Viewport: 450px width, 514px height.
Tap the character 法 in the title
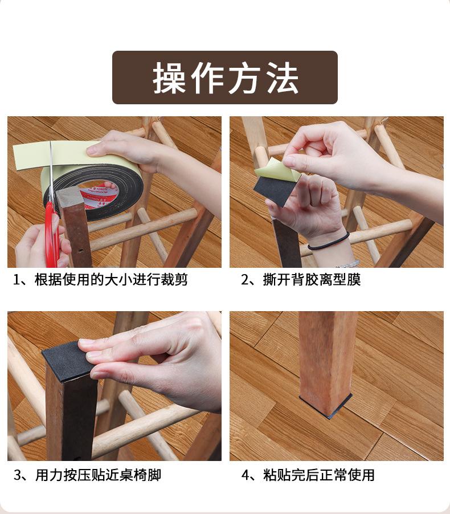point(283,77)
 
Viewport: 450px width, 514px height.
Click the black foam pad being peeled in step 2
point(273,191)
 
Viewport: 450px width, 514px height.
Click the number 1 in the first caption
point(17,280)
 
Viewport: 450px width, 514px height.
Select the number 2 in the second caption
point(245,280)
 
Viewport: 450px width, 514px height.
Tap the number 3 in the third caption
point(17,475)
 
